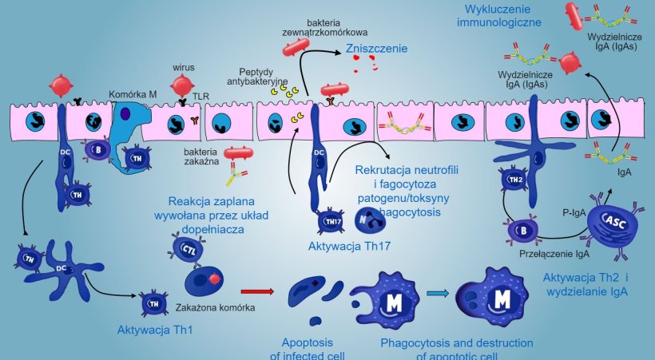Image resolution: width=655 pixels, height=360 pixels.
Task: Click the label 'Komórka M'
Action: pos(129,95)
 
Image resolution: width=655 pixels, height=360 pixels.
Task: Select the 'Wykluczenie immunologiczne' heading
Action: pos(498,16)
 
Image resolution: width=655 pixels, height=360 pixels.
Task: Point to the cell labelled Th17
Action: pos(329,220)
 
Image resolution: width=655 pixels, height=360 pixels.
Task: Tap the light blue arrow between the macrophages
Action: pos(436,293)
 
